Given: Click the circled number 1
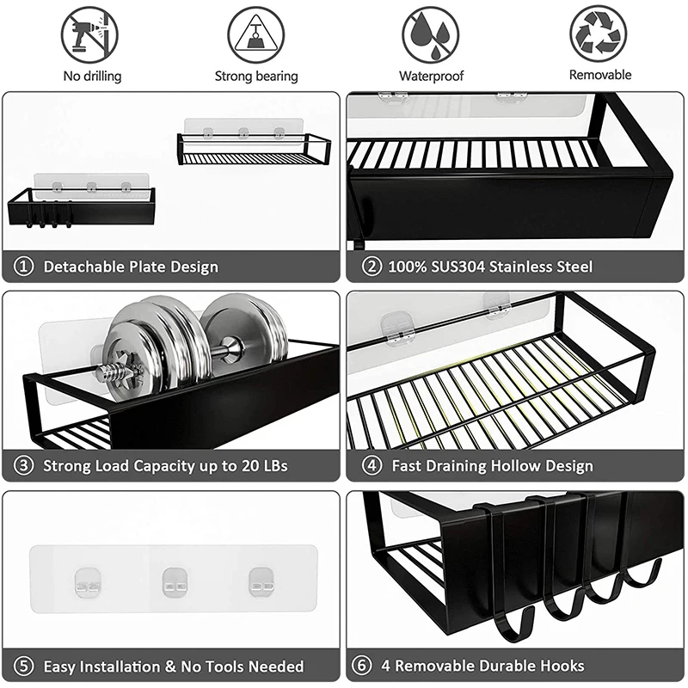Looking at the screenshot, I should point(24,267).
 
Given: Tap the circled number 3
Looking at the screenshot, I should point(24,466).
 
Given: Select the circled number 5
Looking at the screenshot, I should point(24,666).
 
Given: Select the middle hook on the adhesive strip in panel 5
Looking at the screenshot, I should point(174,581).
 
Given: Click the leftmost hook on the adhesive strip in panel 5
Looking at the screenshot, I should point(86,581).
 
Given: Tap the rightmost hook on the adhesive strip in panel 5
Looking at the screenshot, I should point(261,581).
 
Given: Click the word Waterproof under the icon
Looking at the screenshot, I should point(431,76).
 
